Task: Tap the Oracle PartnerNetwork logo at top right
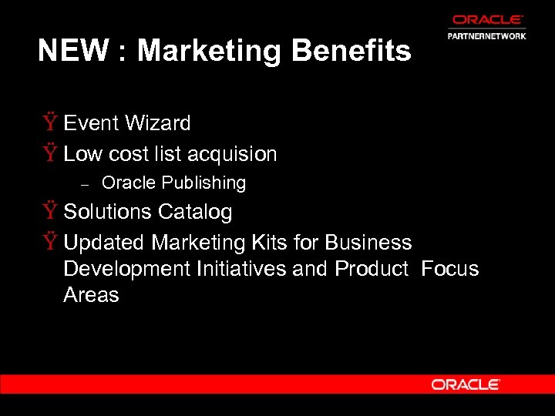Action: click(x=486, y=27)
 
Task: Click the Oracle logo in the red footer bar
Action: click(x=466, y=384)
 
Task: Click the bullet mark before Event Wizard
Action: click(x=49, y=123)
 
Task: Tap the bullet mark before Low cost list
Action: click(x=49, y=154)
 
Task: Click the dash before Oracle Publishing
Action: click(x=86, y=184)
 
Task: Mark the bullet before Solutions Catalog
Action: click(x=49, y=212)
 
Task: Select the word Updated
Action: click(x=104, y=243)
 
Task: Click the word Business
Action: click(x=368, y=243)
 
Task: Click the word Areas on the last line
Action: click(x=91, y=295)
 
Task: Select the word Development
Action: click(x=127, y=269)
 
